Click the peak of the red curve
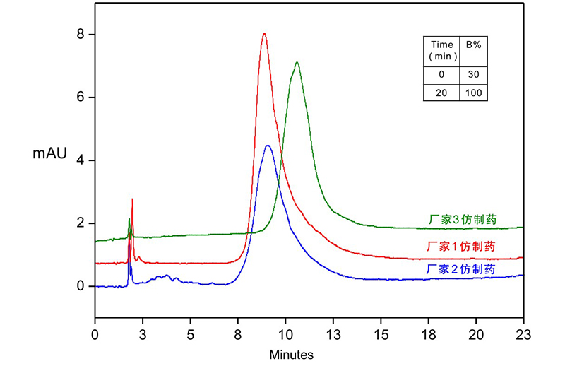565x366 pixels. coord(264,33)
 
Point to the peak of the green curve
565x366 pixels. coord(297,63)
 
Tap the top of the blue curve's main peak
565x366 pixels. coord(268,146)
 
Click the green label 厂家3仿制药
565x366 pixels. coord(463,220)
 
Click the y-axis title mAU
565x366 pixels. coord(49,153)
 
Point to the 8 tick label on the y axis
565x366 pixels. coord(81,34)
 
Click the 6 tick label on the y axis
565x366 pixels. coord(81,97)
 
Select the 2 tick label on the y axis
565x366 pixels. coord(81,223)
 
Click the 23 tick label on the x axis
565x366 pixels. coord(523,333)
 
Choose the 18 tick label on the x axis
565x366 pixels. coord(428,333)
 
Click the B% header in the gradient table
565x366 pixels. coord(473,45)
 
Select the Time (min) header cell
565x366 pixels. coord(442,50)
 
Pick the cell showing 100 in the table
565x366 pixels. coord(473,93)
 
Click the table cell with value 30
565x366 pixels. coord(473,75)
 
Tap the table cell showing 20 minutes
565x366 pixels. coord(442,93)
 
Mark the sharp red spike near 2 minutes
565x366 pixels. coord(132,200)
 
